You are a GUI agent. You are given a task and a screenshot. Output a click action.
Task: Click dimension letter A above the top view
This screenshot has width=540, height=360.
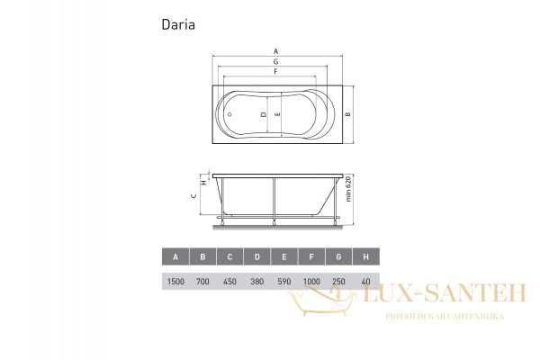pos(275,49)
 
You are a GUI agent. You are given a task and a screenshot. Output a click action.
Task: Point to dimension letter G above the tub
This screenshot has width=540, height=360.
pos(275,60)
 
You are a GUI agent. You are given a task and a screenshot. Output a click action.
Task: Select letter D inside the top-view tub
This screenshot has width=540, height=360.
pos(262,115)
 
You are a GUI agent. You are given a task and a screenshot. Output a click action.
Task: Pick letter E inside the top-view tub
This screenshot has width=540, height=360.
pos(277,115)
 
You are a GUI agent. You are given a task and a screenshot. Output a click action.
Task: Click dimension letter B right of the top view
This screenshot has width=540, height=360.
pos(348,114)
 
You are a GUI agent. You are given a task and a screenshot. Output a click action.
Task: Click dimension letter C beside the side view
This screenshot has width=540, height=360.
pos(193,195)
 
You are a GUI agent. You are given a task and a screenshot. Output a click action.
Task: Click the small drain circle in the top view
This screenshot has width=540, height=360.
pos(229,115)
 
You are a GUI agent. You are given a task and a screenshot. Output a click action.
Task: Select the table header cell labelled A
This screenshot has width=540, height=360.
pos(175,256)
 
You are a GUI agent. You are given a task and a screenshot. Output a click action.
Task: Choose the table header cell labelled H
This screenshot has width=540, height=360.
pos(365,256)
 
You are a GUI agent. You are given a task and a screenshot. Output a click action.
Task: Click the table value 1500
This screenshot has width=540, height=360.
pos(175,282)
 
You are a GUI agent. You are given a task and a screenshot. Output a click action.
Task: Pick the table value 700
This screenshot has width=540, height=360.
pos(202,282)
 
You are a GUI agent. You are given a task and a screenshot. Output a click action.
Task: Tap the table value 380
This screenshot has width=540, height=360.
pos(256,282)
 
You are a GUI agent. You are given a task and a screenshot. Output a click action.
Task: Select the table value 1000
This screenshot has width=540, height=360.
pos(311,282)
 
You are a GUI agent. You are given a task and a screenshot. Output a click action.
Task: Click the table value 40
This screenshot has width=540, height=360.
pos(365,282)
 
